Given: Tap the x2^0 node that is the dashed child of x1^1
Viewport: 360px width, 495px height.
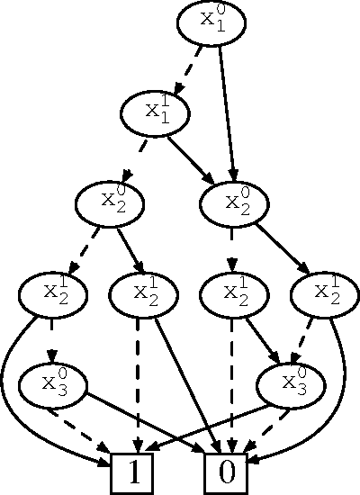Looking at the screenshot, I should click(111, 204).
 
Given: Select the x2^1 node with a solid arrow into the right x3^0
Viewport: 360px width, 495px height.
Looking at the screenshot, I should click(233, 293).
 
